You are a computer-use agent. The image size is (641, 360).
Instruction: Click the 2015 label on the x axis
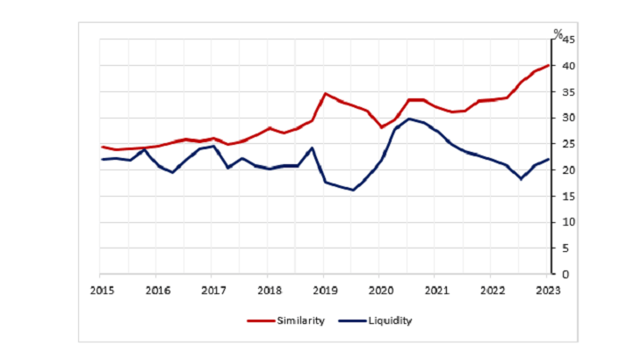(x=101, y=291)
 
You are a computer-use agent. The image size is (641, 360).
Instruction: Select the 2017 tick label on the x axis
(x=212, y=291)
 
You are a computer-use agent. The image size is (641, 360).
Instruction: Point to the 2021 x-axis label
(x=436, y=291)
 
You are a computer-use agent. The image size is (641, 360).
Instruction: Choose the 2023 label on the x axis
(x=548, y=291)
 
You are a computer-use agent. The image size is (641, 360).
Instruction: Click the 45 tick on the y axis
(x=568, y=40)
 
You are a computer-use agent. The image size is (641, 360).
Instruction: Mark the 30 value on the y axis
(x=568, y=119)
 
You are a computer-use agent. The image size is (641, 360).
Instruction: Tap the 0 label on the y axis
(x=565, y=274)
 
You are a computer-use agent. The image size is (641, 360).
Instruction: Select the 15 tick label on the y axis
(x=568, y=197)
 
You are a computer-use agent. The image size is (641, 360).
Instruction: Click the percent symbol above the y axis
(x=557, y=33)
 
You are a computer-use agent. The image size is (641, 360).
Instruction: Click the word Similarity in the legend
(x=302, y=320)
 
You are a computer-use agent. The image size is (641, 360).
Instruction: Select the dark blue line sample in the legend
(x=348, y=320)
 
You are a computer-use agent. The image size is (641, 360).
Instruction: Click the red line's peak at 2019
(x=325, y=93)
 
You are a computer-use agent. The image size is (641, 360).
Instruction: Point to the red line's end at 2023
(x=549, y=66)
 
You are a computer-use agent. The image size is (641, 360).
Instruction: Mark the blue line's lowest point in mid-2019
(x=353, y=190)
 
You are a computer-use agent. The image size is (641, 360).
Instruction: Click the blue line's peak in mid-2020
(x=409, y=119)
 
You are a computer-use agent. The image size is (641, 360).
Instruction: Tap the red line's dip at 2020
(x=381, y=127)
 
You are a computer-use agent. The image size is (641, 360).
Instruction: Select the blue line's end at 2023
(x=549, y=159)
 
